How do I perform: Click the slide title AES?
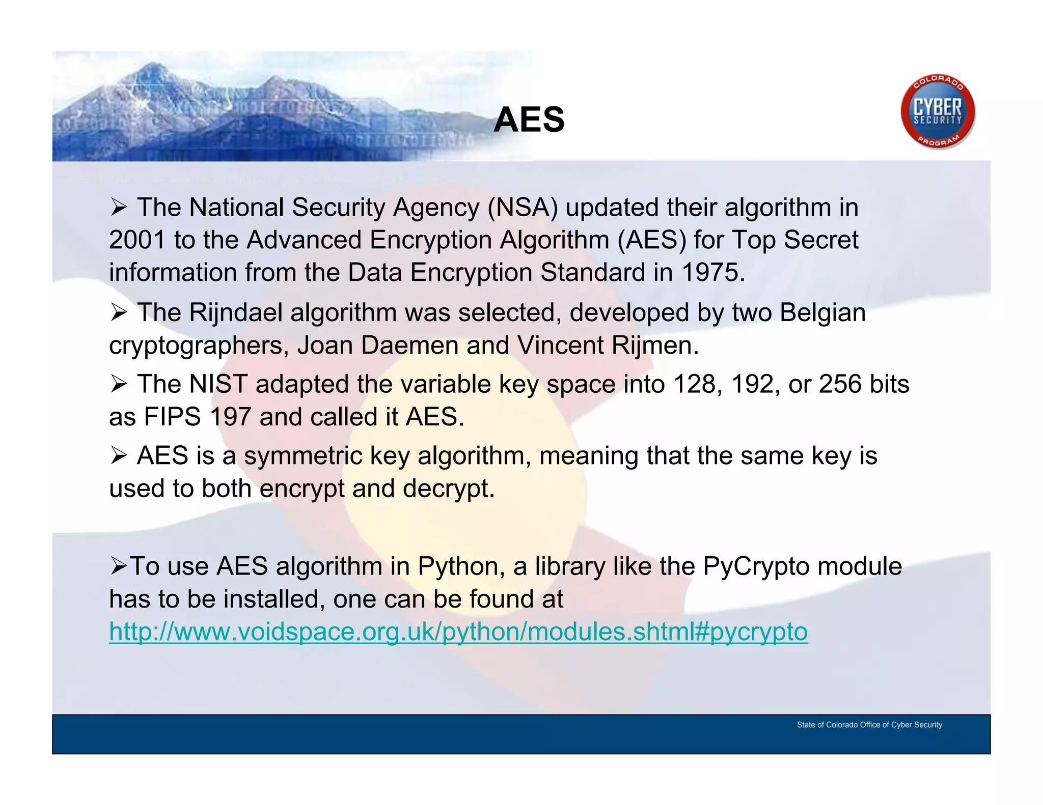tap(529, 120)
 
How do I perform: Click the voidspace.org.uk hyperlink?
tap(458, 632)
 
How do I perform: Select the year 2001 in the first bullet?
tap(137, 240)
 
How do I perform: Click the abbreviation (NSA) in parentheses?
tap(523, 208)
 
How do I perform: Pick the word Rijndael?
tap(235, 312)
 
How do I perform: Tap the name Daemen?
tap(409, 346)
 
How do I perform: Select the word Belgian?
tap(822, 312)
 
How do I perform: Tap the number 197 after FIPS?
tap(230, 417)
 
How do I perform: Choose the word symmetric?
tap(303, 456)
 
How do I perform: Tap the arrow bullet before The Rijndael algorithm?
tap(119, 312)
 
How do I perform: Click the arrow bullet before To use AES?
tap(119, 566)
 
